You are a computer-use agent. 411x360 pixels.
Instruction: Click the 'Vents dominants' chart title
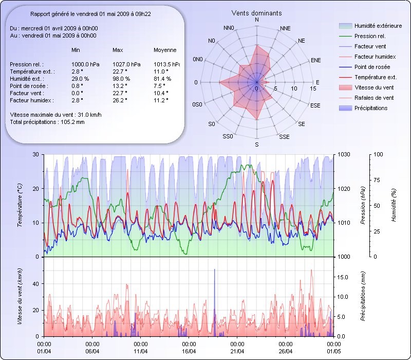click(256, 12)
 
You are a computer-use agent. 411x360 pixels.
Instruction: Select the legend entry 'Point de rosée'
click(372, 67)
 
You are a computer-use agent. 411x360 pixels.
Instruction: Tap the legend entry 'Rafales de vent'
click(374, 98)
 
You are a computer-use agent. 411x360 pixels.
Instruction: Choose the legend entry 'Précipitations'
click(371, 108)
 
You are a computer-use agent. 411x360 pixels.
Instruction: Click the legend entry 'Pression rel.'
click(370, 36)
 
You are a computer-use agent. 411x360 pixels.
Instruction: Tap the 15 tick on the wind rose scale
click(313, 88)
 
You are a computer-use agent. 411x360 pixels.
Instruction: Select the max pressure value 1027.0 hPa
click(126, 64)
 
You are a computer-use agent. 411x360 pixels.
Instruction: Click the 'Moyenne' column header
click(165, 50)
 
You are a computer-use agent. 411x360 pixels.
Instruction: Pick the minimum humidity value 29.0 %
click(81, 79)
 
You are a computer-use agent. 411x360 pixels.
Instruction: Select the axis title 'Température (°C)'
click(20, 206)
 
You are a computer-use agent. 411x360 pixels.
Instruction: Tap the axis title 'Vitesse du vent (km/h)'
click(20, 296)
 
